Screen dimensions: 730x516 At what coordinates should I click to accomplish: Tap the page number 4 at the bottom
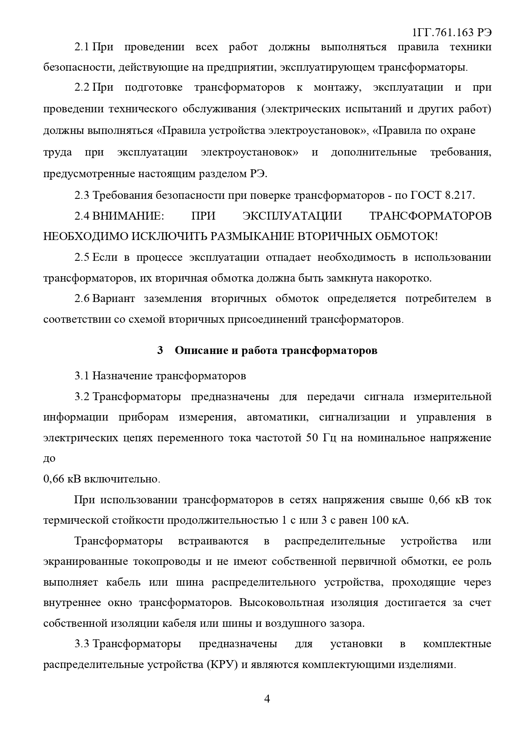pos(267,699)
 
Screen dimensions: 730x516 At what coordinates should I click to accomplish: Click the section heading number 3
pos(160,350)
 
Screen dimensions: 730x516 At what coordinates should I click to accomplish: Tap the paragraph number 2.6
pos(82,299)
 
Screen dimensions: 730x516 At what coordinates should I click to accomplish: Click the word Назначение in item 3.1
pos(122,376)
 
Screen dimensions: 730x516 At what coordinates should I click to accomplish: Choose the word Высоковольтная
pos(282,602)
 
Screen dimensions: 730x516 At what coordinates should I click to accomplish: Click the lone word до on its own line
pos(49,458)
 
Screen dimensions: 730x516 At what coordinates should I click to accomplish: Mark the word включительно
pos(122,479)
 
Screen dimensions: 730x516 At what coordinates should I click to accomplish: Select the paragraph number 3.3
pos(82,643)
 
